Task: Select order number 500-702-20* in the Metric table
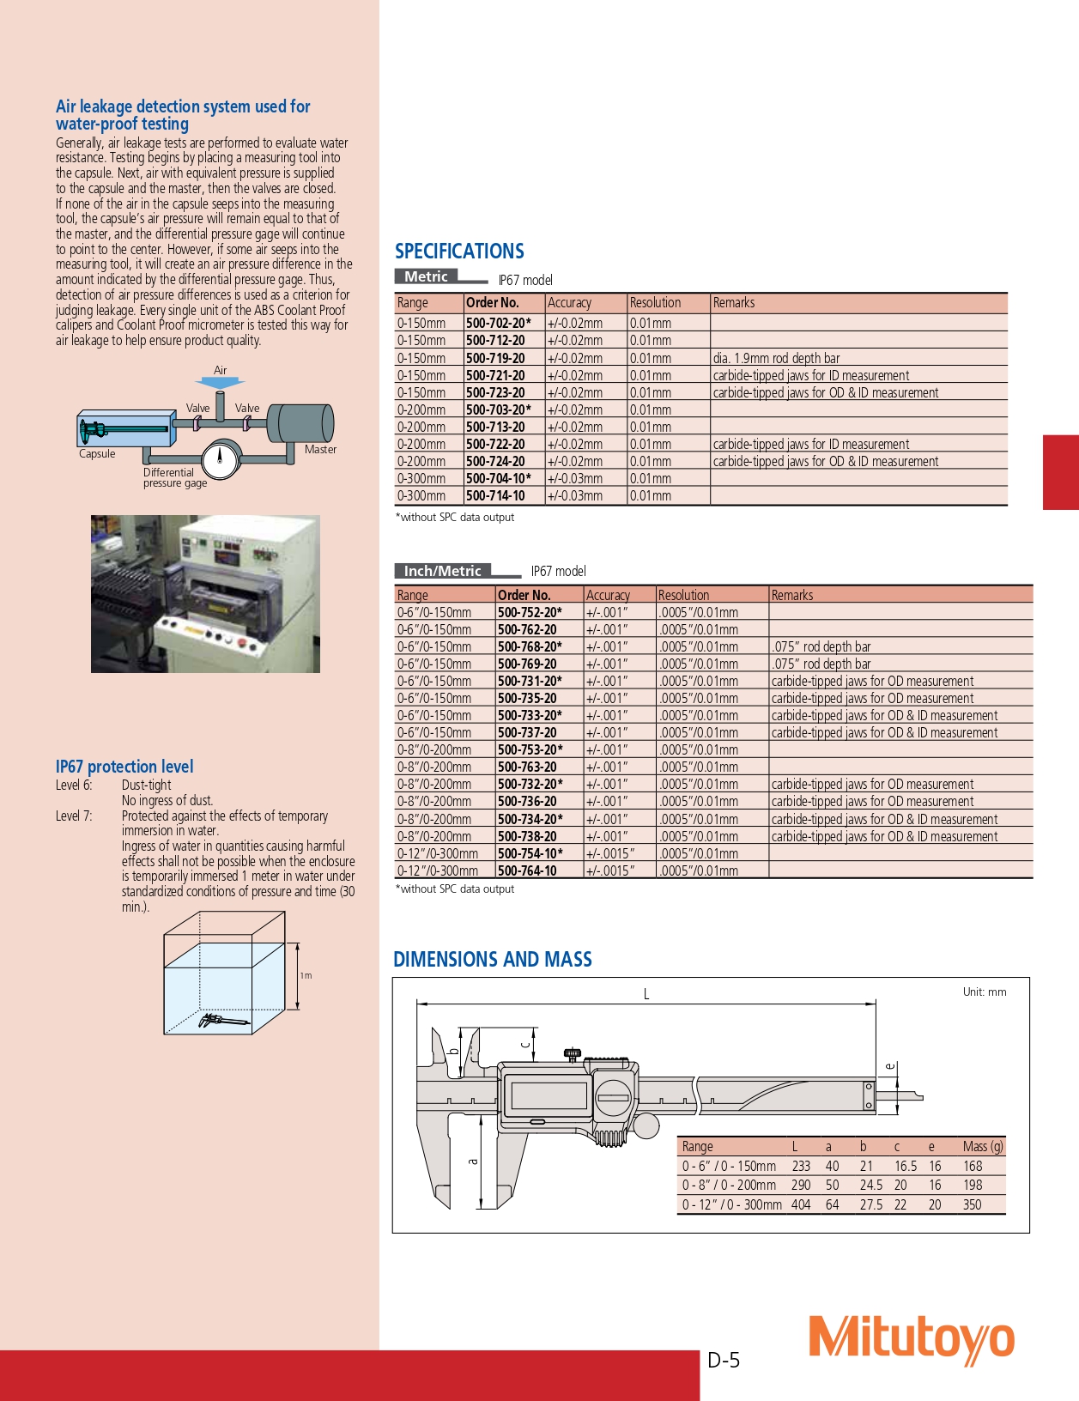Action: point(498,324)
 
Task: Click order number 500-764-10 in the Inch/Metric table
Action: point(527,870)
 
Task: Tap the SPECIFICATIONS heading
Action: point(459,252)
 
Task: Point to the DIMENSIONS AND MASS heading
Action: point(492,960)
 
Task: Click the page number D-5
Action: point(724,1360)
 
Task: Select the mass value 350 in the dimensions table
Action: point(972,1204)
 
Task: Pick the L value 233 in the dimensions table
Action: point(801,1166)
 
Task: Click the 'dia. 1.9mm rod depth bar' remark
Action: point(776,358)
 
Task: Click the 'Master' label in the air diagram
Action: point(320,449)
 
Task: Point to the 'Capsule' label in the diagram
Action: point(97,454)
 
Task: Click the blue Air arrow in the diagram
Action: point(221,381)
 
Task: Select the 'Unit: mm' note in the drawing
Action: point(984,992)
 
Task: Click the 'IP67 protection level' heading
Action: point(124,767)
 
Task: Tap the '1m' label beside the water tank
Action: point(306,975)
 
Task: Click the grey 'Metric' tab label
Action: point(427,276)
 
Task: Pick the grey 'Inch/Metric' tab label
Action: point(442,571)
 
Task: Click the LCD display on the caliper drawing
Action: point(549,1095)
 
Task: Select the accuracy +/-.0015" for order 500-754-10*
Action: point(609,853)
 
